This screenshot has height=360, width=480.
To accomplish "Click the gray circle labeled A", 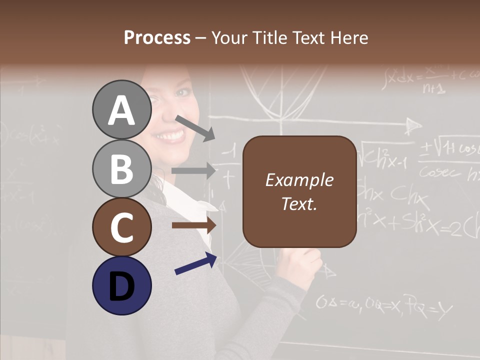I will [122, 109].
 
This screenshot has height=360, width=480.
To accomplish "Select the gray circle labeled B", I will [122, 168].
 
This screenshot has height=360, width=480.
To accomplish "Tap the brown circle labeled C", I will [122, 227].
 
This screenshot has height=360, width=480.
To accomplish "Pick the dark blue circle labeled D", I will [122, 285].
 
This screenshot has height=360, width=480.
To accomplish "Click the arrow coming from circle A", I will [195, 128].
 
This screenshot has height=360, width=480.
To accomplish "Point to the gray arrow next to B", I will [194, 171].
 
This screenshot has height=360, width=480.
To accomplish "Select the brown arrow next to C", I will [194, 225].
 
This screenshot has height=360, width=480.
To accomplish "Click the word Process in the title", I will [157, 37].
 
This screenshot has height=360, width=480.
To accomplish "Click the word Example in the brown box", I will [299, 180].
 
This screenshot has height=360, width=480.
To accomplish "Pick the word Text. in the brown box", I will [299, 203].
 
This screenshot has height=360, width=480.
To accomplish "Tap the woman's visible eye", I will [183, 93].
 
